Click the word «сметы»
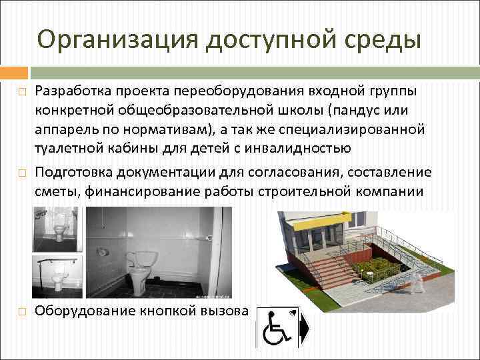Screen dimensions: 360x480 pos(55,193)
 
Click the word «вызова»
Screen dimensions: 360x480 pos(225,310)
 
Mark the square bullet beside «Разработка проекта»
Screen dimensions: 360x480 pos(22,91)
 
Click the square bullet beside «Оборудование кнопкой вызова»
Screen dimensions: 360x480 pos(22,311)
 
